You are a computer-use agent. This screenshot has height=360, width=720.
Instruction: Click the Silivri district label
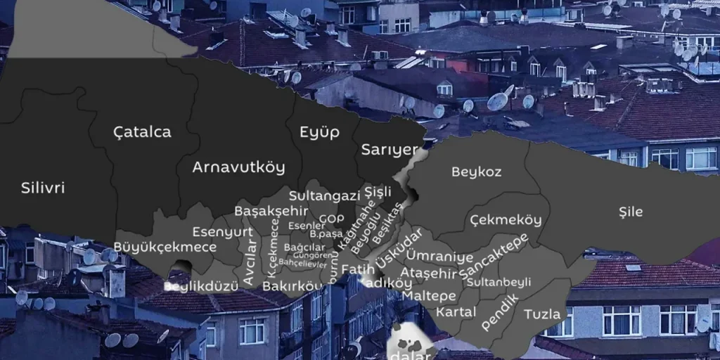tap(43, 188)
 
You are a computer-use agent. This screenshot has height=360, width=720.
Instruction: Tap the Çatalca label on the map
tap(142, 131)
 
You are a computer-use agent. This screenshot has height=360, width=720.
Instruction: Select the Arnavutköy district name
tap(238, 167)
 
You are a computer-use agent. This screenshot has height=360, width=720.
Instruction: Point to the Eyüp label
tap(319, 132)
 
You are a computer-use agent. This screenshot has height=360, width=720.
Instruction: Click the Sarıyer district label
tap(390, 150)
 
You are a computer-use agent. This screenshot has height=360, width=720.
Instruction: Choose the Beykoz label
tap(476, 172)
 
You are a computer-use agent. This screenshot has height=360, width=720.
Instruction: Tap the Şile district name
tap(630, 212)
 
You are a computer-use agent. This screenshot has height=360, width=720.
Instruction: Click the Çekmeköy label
tap(506, 220)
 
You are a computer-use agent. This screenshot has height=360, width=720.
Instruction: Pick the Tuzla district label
tap(542, 314)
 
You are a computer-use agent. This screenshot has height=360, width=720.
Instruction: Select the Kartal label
tap(456, 311)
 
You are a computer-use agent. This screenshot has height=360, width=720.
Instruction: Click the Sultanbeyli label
tap(499, 282)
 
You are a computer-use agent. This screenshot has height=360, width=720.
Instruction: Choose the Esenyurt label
tap(222, 231)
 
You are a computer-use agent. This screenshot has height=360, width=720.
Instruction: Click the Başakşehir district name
tap(271, 211)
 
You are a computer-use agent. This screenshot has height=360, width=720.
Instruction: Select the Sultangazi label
tap(324, 196)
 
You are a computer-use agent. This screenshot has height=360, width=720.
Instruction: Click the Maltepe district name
tap(429, 296)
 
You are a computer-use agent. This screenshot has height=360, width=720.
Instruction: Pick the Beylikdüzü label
tap(191, 286)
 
